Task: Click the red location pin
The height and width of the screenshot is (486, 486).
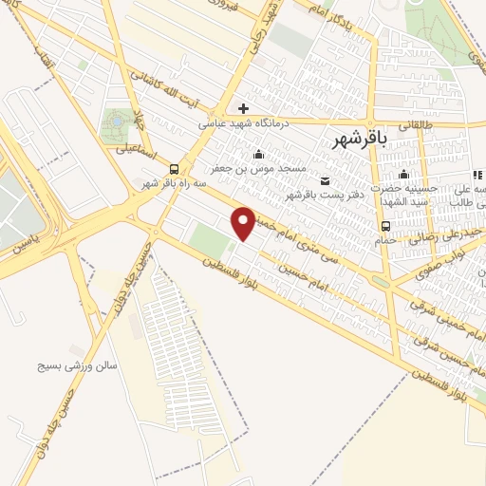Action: pyautogui.click(x=244, y=222)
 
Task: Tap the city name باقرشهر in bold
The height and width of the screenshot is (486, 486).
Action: pyautogui.click(x=362, y=140)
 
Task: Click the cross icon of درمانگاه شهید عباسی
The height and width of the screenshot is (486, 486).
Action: pyautogui.click(x=244, y=108)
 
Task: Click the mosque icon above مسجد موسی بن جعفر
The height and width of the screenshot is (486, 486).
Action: pyautogui.click(x=258, y=155)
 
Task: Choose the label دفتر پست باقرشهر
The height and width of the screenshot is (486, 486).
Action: pyautogui.click(x=326, y=196)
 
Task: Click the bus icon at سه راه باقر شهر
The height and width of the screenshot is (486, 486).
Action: pyautogui.click(x=172, y=169)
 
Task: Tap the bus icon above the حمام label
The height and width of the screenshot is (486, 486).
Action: pyautogui.click(x=385, y=226)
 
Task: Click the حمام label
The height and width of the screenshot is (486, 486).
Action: pyautogui.click(x=385, y=240)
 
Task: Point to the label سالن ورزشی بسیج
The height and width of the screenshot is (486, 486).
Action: pyautogui.click(x=76, y=364)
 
